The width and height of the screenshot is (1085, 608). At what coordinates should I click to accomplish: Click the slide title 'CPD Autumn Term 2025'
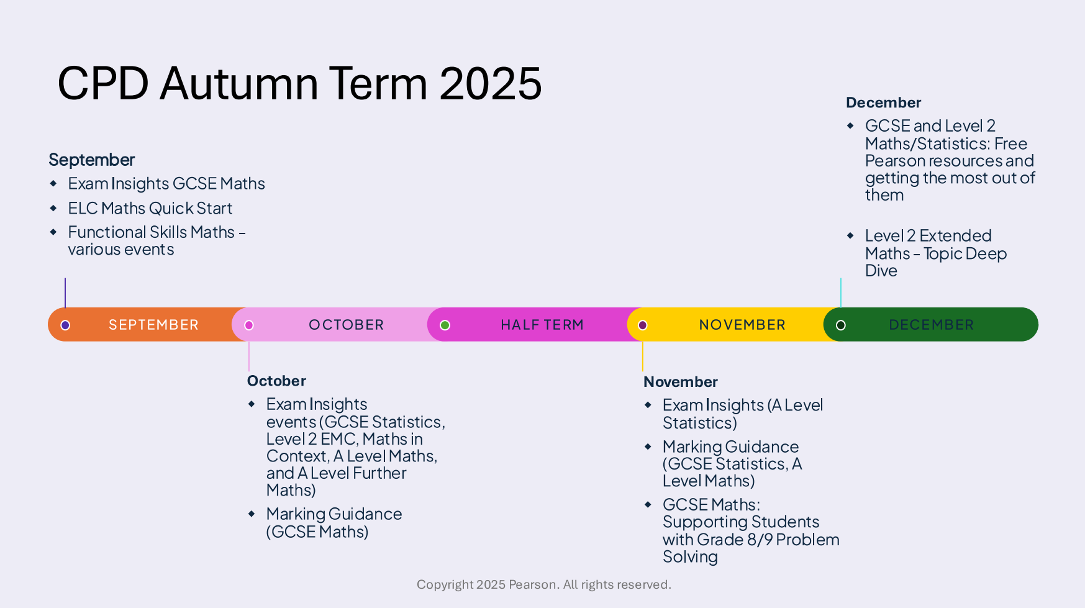click(299, 83)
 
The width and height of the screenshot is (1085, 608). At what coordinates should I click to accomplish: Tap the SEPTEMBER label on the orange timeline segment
click(153, 325)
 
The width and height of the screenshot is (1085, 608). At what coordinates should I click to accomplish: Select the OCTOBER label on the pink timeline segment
click(346, 325)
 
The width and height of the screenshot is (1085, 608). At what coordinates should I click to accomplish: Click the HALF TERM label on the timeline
click(542, 325)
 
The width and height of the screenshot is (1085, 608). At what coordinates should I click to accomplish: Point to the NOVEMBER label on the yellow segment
click(742, 325)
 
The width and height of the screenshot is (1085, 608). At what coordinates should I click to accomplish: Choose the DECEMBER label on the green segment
click(931, 325)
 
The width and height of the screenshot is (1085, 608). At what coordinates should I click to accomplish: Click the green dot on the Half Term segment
click(445, 325)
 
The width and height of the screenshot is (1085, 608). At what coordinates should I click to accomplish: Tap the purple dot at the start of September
click(65, 325)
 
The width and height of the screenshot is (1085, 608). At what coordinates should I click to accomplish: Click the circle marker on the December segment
click(841, 325)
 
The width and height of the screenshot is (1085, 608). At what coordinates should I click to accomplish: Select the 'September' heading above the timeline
click(92, 160)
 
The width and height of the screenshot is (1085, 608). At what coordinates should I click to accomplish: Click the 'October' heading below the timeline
click(276, 381)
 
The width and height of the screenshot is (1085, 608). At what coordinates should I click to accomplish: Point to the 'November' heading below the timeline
click(681, 381)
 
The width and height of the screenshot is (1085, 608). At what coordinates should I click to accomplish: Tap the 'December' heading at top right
click(883, 102)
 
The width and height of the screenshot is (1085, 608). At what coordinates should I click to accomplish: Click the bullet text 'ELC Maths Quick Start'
click(150, 208)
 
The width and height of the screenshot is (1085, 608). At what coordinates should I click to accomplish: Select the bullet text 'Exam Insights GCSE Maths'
click(166, 184)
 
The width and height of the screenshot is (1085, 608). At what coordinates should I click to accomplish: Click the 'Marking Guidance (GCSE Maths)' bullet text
click(334, 523)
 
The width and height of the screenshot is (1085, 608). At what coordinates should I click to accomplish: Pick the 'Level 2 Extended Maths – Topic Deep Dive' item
click(935, 253)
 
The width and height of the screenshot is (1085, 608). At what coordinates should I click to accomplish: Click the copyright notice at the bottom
click(543, 584)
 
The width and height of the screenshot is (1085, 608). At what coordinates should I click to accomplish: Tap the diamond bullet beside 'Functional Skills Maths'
click(53, 232)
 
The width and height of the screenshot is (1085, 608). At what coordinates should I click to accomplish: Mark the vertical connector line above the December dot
click(841, 293)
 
